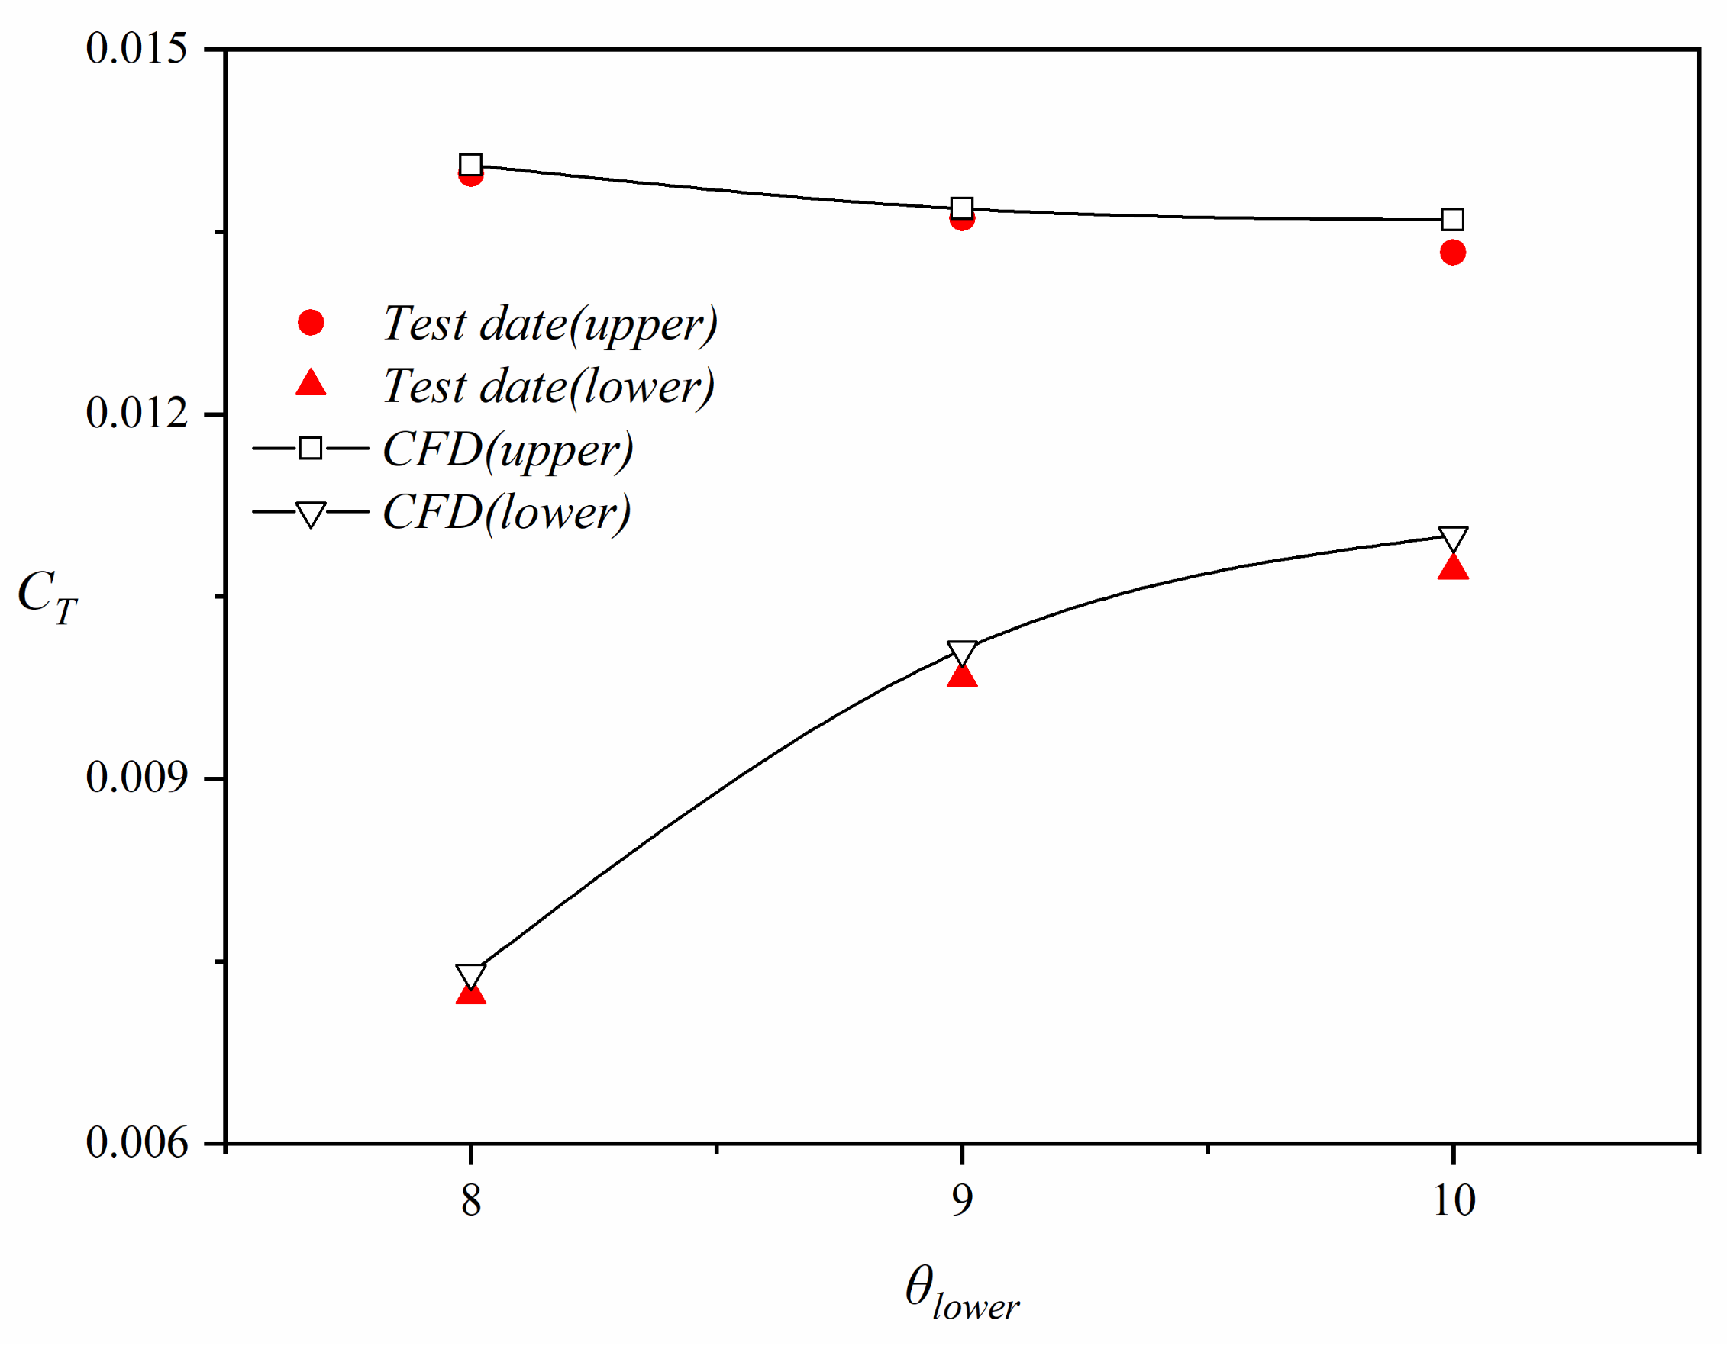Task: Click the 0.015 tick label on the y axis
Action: (136, 48)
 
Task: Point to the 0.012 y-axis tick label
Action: (136, 413)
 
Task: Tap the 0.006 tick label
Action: (136, 1142)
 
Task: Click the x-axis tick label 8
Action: (471, 1200)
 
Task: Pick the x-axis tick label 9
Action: (961, 1200)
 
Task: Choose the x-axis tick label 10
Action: (1454, 1200)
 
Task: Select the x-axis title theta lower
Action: (961, 1293)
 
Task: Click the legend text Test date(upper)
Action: (550, 324)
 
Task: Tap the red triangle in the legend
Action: (311, 384)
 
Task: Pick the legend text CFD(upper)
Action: (508, 449)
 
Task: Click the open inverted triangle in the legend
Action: (311, 514)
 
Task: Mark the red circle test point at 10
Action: (1453, 253)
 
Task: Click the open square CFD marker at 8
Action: (471, 164)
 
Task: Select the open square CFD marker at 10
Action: (1453, 219)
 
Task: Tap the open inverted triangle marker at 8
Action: (471, 975)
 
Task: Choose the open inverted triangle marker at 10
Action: (1454, 539)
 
